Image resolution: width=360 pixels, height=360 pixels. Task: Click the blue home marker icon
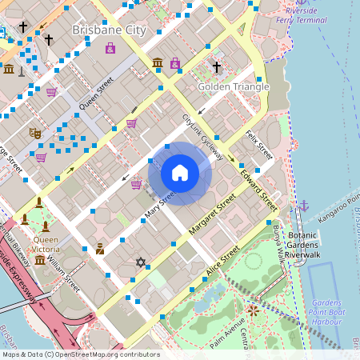point(180,172)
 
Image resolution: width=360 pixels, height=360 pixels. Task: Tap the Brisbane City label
point(110,30)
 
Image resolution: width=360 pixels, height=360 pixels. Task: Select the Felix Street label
point(260,144)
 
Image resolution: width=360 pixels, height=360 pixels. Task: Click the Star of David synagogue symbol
point(142,262)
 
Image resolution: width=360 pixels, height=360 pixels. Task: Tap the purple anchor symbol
point(303,206)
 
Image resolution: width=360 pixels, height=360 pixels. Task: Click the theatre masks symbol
point(34,134)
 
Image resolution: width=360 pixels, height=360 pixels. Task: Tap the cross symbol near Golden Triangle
point(216,67)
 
